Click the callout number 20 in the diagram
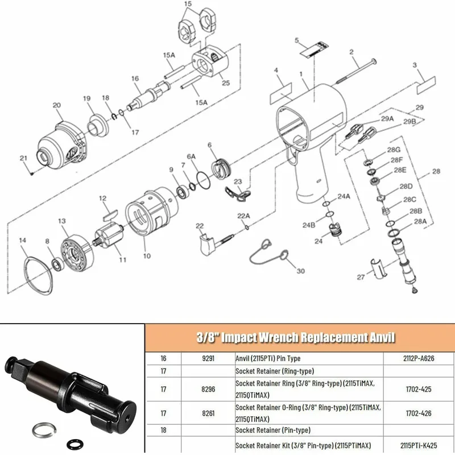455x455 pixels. [57, 105]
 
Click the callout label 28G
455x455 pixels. [394, 150]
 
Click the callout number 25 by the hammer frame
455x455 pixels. [226, 83]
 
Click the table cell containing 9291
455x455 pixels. [207, 359]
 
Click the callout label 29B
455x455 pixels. [409, 121]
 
